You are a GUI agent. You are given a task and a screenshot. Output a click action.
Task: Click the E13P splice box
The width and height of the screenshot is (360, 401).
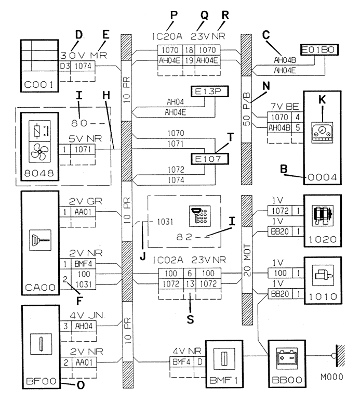(209, 92)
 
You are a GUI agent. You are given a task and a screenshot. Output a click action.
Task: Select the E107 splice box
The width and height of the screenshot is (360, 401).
(210, 159)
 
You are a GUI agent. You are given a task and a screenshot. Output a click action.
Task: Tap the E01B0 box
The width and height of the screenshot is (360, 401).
(319, 50)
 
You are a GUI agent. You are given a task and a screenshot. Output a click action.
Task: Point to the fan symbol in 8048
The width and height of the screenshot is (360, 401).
(39, 152)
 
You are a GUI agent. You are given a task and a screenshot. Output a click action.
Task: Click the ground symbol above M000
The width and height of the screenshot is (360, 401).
(339, 356)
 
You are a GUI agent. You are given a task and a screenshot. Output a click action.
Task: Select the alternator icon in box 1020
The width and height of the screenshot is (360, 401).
(323, 215)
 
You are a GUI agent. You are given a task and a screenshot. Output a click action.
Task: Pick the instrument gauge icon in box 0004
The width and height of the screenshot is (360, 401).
(322, 133)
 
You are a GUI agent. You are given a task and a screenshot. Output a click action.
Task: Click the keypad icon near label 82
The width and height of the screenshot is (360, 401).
(200, 216)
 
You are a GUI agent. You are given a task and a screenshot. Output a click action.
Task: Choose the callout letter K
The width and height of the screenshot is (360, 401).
(322, 99)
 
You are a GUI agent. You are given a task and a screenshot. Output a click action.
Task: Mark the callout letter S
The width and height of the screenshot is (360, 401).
(190, 319)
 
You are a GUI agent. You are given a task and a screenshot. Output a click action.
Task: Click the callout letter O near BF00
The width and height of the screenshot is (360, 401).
(81, 385)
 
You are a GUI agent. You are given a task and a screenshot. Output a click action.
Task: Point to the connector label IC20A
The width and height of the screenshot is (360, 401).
(167, 36)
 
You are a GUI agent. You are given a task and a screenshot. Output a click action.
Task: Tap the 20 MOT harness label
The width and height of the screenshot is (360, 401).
(247, 260)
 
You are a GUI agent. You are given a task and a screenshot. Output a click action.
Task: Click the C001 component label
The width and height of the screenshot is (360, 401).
(39, 85)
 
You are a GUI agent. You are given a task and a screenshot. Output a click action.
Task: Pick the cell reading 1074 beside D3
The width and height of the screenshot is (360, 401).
(83, 66)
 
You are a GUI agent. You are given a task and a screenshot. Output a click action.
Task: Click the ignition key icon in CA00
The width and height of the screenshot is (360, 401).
(41, 240)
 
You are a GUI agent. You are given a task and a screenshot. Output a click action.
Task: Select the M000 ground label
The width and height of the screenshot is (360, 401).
(332, 377)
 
